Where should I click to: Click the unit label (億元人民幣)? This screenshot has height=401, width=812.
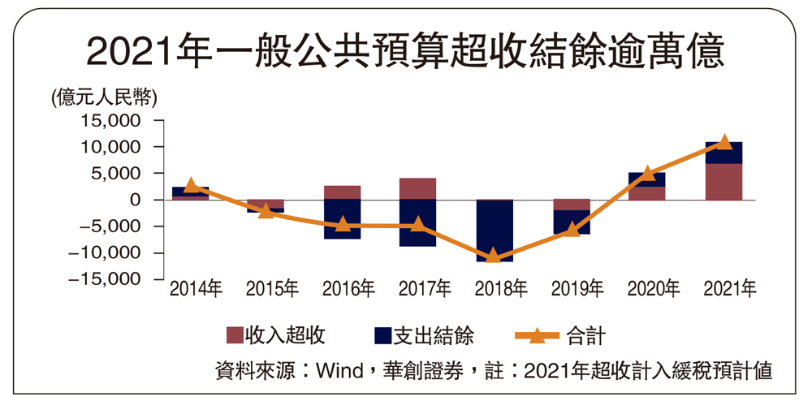pos(103,97)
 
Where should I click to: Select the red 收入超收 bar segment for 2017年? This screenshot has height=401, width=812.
pos(417,188)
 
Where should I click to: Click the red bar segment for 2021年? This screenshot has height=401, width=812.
pos(723,181)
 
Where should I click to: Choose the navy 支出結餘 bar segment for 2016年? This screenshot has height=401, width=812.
pos(342,219)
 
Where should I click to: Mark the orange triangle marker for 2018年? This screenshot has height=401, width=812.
pos(493,257)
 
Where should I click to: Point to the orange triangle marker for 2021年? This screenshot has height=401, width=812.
pos(724,143)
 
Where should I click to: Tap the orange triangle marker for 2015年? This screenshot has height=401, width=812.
pos(266,211)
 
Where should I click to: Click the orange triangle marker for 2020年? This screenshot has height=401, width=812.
pos(648,174)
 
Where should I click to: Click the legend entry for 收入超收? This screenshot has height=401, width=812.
pos(276,334)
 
